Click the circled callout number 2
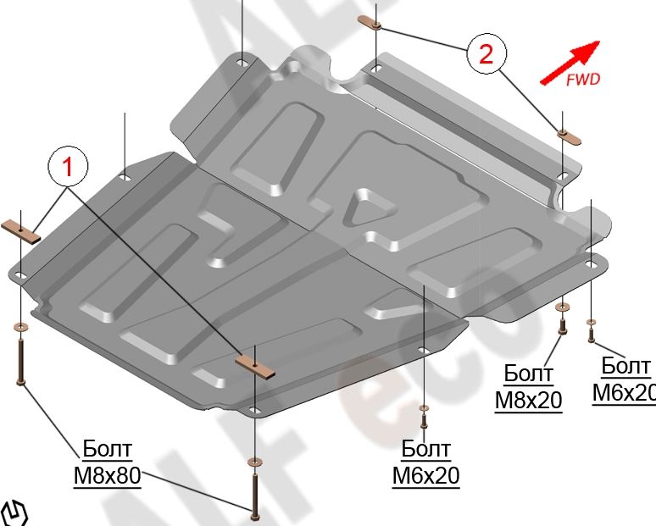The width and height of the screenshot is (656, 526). [x=485, y=55]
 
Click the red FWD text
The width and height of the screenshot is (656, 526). [x=582, y=80]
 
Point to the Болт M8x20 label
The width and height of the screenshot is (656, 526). [x=529, y=386]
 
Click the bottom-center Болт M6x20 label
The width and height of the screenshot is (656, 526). [x=425, y=462]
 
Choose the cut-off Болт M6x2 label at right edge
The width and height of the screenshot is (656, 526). [x=625, y=379]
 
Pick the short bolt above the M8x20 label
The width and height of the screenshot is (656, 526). [x=559, y=323]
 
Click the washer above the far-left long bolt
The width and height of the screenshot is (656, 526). [x=19, y=326]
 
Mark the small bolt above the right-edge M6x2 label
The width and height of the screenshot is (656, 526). [x=591, y=333]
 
